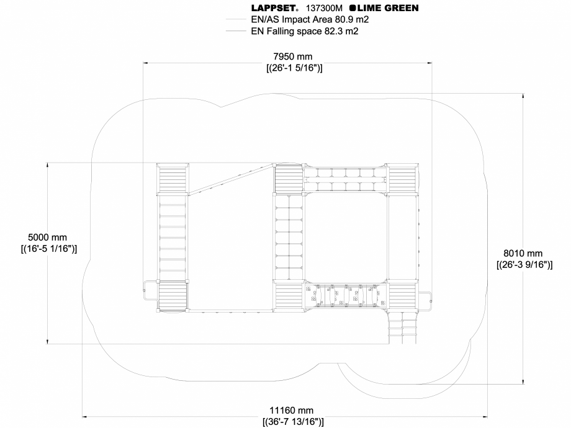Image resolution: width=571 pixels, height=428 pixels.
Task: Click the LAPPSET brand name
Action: pyautogui.click(x=275, y=9)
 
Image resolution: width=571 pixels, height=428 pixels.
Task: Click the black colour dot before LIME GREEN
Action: pyautogui.click(x=353, y=9)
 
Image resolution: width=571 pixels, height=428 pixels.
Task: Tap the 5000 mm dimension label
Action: pyautogui.click(x=48, y=238)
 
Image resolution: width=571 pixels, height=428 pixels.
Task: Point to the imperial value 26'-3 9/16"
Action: pyautogui.click(x=524, y=264)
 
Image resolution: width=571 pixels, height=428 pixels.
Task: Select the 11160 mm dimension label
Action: pyautogui.click(x=292, y=411)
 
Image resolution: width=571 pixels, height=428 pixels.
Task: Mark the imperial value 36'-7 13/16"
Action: pyautogui.click(x=292, y=422)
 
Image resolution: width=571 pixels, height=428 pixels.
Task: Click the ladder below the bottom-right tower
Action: pyautogui.click(x=403, y=324)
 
